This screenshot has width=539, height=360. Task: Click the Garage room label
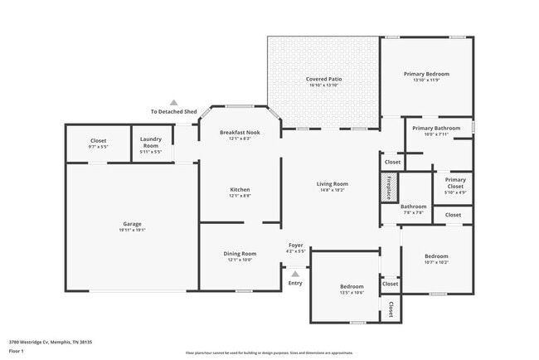coord(133,224)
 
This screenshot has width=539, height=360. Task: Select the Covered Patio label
coord(324,80)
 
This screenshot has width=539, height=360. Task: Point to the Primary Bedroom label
coord(426,75)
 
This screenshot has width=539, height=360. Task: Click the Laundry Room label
coord(151,143)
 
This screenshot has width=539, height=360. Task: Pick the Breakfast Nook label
coord(240,133)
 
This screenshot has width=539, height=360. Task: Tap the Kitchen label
coord(240,190)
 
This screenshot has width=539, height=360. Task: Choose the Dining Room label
coord(240,254)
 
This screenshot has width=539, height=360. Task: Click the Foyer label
coord(296,245)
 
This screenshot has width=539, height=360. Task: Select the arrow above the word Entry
coord(295,271)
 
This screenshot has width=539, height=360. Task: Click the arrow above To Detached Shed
coord(173,101)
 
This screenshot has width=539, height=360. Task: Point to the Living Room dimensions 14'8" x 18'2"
coord(332,190)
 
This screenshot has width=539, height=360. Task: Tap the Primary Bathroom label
coord(436,129)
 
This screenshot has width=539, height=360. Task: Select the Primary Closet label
coord(455,183)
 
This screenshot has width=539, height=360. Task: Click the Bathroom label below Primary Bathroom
coord(414,207)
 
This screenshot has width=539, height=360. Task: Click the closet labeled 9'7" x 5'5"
coord(98,141)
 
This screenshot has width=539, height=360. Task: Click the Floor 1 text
coord(17,351)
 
